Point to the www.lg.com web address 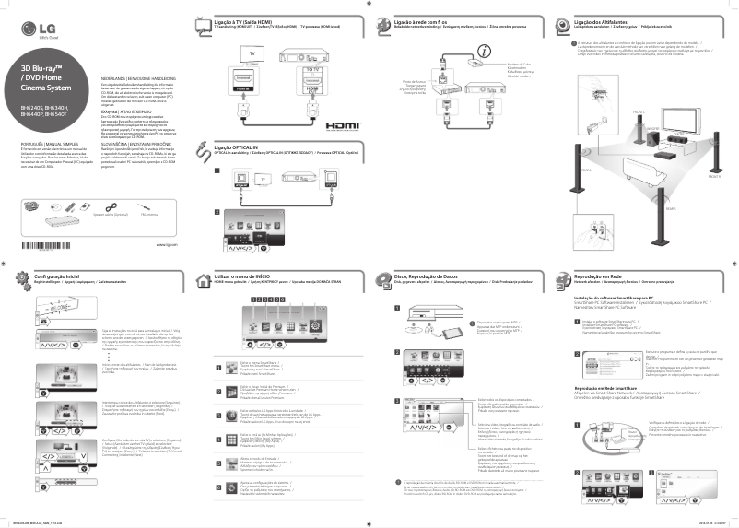[x=167, y=244]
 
